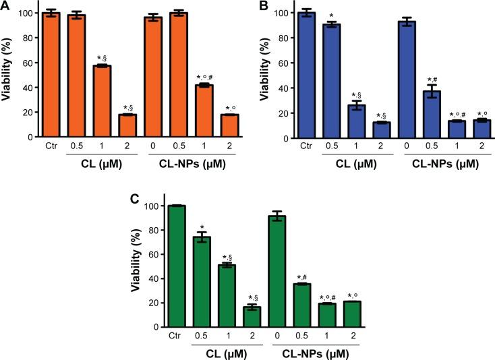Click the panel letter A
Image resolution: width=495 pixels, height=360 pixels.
[x=5, y=6]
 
